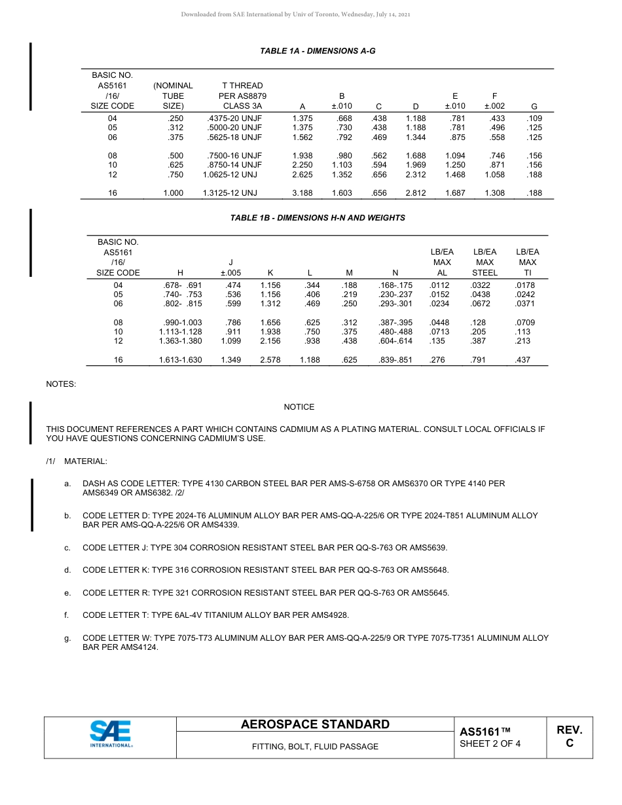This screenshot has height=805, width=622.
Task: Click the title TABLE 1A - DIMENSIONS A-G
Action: click(x=318, y=51)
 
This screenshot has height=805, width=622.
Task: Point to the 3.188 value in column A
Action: click(x=302, y=194)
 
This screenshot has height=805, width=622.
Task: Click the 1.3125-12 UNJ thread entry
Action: click(x=232, y=194)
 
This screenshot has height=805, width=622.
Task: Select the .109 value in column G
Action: click(x=534, y=118)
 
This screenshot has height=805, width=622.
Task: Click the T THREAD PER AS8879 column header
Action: click(x=242, y=96)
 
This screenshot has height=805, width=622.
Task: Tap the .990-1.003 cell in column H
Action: click(x=180, y=323)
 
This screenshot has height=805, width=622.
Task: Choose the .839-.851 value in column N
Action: click(x=395, y=360)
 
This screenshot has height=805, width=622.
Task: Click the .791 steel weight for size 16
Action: click(x=479, y=360)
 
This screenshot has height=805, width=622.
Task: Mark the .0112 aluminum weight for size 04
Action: click(x=439, y=285)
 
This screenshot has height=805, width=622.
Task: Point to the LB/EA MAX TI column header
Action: click(x=527, y=262)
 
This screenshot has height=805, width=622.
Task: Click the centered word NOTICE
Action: click(x=299, y=407)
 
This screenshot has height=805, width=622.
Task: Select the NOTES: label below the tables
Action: click(x=61, y=384)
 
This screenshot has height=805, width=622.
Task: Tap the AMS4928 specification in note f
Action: click(x=330, y=615)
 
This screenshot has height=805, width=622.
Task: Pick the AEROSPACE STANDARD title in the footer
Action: click(x=315, y=724)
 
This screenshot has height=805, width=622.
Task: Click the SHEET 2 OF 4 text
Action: click(x=490, y=743)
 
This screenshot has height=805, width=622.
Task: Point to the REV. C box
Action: click(x=569, y=736)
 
